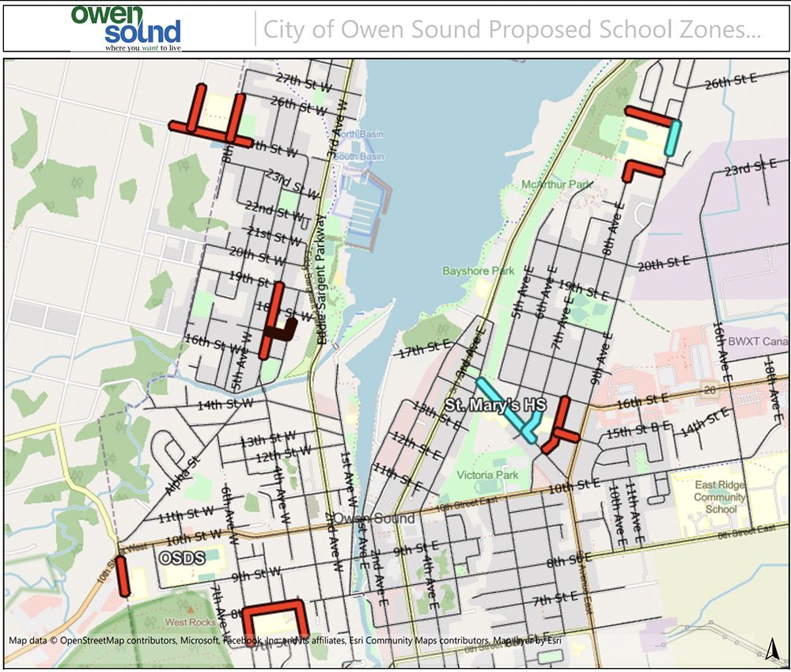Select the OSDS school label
click(x=183, y=558)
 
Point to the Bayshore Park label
click(x=479, y=271)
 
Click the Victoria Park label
click(x=489, y=475)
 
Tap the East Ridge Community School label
click(x=720, y=497)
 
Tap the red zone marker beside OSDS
click(x=123, y=575)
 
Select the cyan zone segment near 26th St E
click(x=672, y=137)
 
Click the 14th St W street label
click(x=225, y=404)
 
